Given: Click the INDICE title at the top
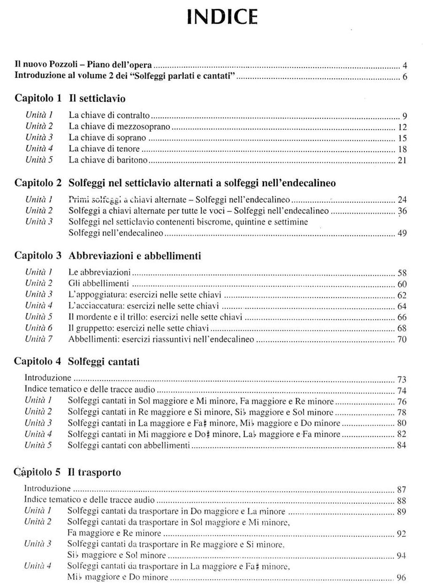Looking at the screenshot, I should (222, 17).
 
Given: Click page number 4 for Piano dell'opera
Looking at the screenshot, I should (404, 66).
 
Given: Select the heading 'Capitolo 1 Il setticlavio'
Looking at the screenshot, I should (70, 99).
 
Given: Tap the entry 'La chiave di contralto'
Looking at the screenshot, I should (109, 115).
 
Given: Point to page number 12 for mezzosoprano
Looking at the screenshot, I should (402, 127).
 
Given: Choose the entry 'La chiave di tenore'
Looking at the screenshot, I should (104, 149).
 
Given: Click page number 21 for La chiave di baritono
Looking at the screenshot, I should (402, 160).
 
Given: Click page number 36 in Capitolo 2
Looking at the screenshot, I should (402, 211).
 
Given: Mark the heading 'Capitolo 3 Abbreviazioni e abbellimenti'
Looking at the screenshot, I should (107, 256).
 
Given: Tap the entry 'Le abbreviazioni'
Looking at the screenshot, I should (100, 272).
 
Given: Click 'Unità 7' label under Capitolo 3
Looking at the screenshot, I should (39, 339).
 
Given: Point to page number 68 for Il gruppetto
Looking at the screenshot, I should (402, 328).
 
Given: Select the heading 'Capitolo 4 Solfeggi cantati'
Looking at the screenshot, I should (77, 361).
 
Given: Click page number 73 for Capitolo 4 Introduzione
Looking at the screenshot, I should (402, 379).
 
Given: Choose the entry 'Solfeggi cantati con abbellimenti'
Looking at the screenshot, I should (129, 445).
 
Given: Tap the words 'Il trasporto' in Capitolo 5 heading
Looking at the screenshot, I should (94, 472).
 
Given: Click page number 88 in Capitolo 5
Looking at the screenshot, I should (402, 501).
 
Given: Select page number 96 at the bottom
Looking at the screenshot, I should (401, 577).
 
